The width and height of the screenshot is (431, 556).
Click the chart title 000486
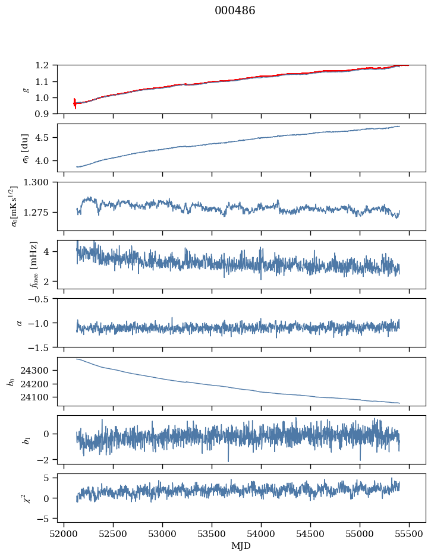pos(235,11)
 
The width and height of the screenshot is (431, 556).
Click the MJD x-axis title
pos(241,546)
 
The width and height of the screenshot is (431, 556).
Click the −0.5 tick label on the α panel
pos(42,299)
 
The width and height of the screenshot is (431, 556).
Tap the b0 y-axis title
pos(11,381)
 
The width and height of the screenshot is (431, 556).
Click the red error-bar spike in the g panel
pos(74,103)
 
